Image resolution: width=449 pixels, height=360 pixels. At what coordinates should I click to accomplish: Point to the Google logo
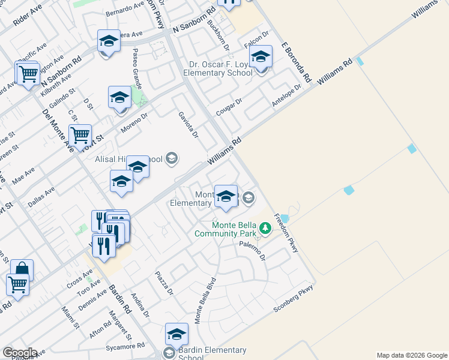pyautogui.click(x=20, y=352)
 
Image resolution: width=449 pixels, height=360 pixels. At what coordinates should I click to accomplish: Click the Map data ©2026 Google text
pyautogui.click(x=412, y=355)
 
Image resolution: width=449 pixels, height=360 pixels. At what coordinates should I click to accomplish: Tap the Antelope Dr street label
pyautogui.click(x=285, y=95)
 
